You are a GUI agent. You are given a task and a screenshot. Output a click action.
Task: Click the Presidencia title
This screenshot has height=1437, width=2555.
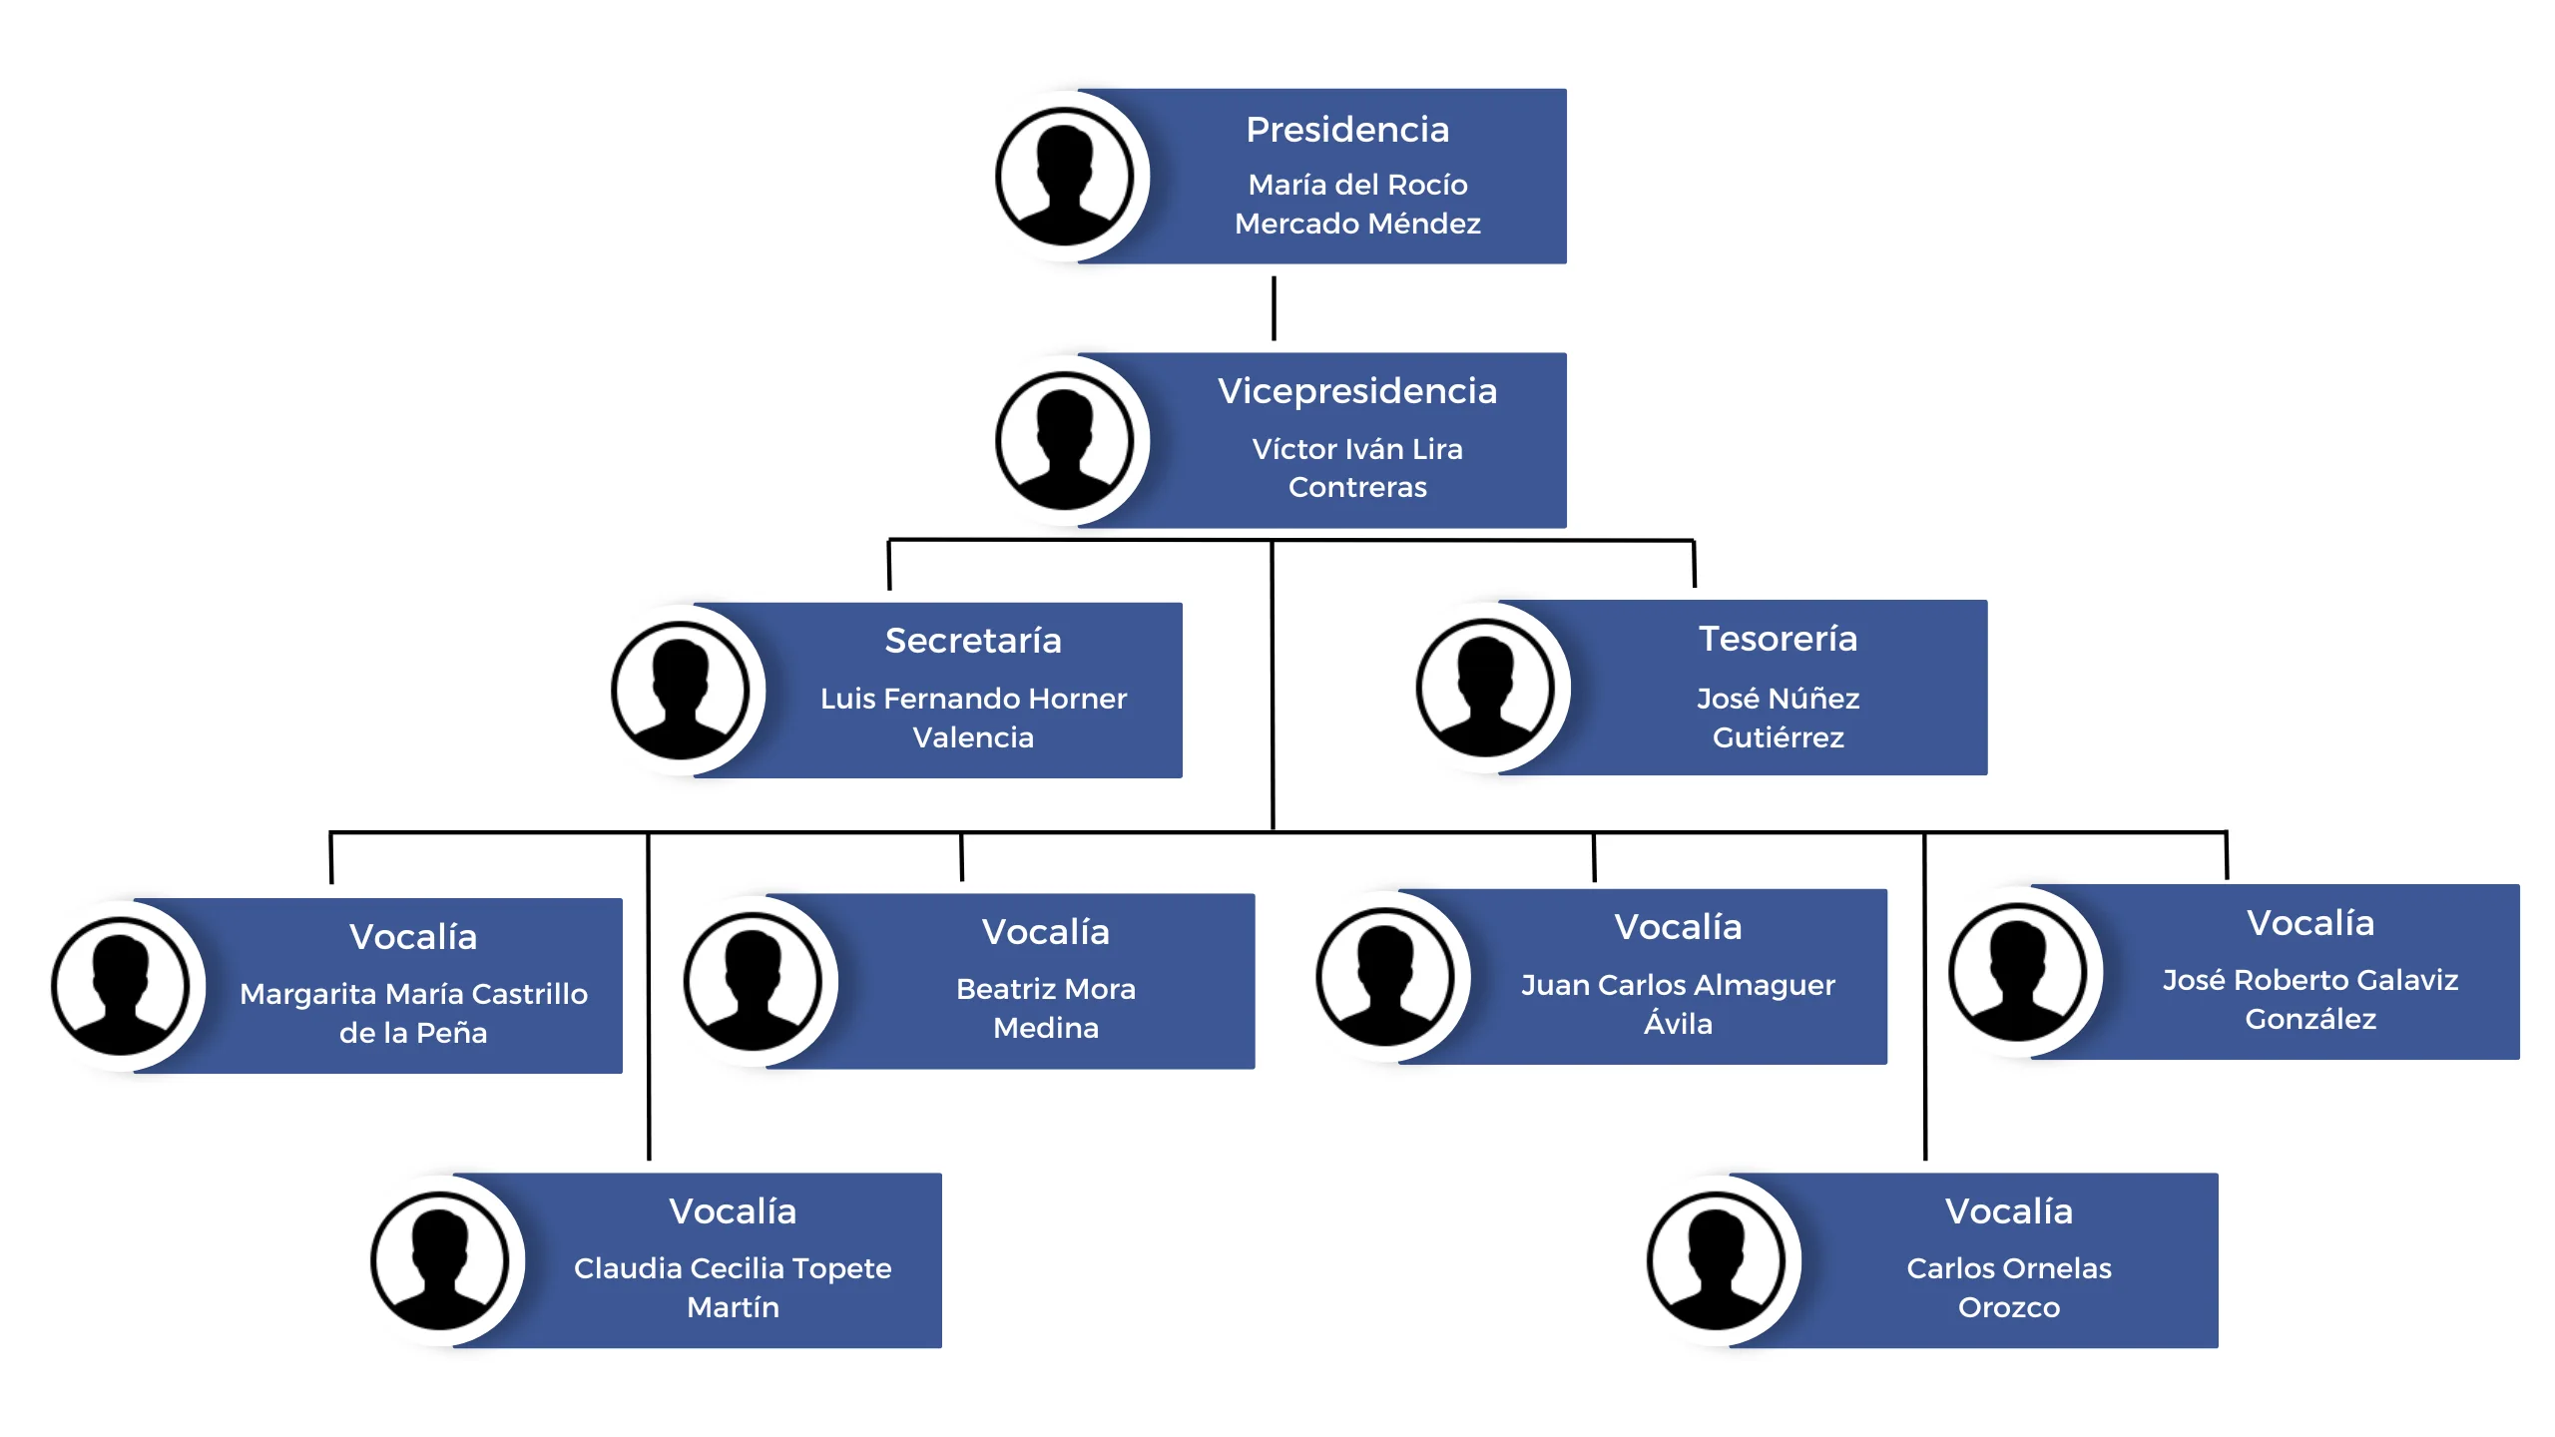pyautogui.click(x=1346, y=130)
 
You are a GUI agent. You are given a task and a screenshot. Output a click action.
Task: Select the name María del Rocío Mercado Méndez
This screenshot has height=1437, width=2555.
pyautogui.click(x=1357, y=204)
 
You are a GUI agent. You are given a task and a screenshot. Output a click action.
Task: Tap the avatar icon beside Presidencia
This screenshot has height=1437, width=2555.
pyautogui.click(x=1065, y=177)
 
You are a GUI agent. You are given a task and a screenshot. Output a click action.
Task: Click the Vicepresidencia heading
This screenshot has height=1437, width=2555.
pyautogui.click(x=1356, y=391)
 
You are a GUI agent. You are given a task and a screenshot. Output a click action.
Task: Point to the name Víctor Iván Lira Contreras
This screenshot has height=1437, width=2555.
pyautogui.click(x=1357, y=468)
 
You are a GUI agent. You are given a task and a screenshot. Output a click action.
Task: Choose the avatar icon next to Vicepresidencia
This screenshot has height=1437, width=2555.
pyautogui.click(x=1065, y=441)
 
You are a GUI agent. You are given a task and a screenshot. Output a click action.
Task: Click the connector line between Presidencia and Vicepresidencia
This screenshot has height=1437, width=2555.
pyautogui.click(x=1274, y=308)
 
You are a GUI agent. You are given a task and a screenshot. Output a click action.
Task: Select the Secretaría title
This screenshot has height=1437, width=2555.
pyautogui.click(x=973, y=641)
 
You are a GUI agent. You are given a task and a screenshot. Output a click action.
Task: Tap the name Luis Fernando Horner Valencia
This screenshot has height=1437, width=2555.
pyautogui.click(x=973, y=718)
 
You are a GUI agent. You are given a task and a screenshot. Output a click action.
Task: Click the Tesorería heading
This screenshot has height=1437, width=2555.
pyautogui.click(x=1778, y=639)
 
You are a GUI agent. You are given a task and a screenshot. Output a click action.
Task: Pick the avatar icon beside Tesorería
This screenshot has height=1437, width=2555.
pyautogui.click(x=1485, y=688)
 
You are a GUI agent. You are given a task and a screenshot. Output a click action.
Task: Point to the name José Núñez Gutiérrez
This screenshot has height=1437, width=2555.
pyautogui.click(x=1778, y=718)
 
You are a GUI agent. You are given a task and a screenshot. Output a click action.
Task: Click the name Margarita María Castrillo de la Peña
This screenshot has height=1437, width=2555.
pyautogui.click(x=413, y=1013)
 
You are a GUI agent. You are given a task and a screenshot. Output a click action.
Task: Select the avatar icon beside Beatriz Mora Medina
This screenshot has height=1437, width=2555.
pyautogui.click(x=753, y=982)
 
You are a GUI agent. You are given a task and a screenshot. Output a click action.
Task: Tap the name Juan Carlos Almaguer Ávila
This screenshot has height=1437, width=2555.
pyautogui.click(x=1678, y=1004)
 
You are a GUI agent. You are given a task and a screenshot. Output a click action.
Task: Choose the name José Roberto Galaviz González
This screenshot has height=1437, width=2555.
pyautogui.click(x=2309, y=999)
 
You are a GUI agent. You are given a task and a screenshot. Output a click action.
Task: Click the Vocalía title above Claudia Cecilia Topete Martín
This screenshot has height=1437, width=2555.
pyautogui.click(x=733, y=1211)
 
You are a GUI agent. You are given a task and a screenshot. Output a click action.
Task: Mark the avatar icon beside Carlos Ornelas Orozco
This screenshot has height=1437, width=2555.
pyautogui.click(x=1717, y=1261)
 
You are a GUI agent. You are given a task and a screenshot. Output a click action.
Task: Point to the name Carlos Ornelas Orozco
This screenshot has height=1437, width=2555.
pyautogui.click(x=2008, y=1287)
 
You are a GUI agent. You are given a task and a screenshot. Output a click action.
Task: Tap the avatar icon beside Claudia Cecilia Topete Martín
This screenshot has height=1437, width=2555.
pyautogui.click(x=440, y=1261)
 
